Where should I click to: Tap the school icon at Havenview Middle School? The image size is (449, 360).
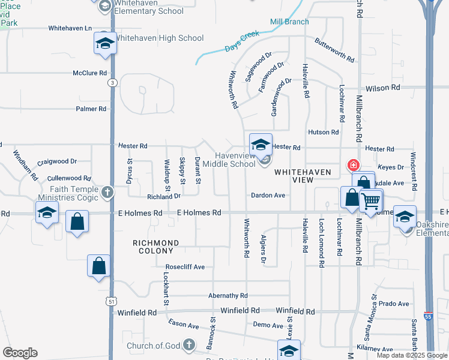click(261, 144)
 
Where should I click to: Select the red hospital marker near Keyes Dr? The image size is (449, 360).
click(354, 164)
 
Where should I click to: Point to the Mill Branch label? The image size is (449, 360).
click(289, 22)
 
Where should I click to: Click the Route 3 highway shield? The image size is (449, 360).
click(112, 83)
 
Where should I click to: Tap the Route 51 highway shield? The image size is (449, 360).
click(112, 302)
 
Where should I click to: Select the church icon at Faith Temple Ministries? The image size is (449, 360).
click(107, 192)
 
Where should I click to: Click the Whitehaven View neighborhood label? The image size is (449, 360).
click(303, 176)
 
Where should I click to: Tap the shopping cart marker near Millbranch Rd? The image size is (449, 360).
click(371, 201)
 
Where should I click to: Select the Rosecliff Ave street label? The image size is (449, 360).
click(185, 267)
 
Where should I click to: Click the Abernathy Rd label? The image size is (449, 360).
click(228, 296)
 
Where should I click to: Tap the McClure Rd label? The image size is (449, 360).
click(89, 73)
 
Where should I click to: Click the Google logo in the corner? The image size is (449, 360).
click(20, 353)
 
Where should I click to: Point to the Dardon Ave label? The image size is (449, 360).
click(268, 196)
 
